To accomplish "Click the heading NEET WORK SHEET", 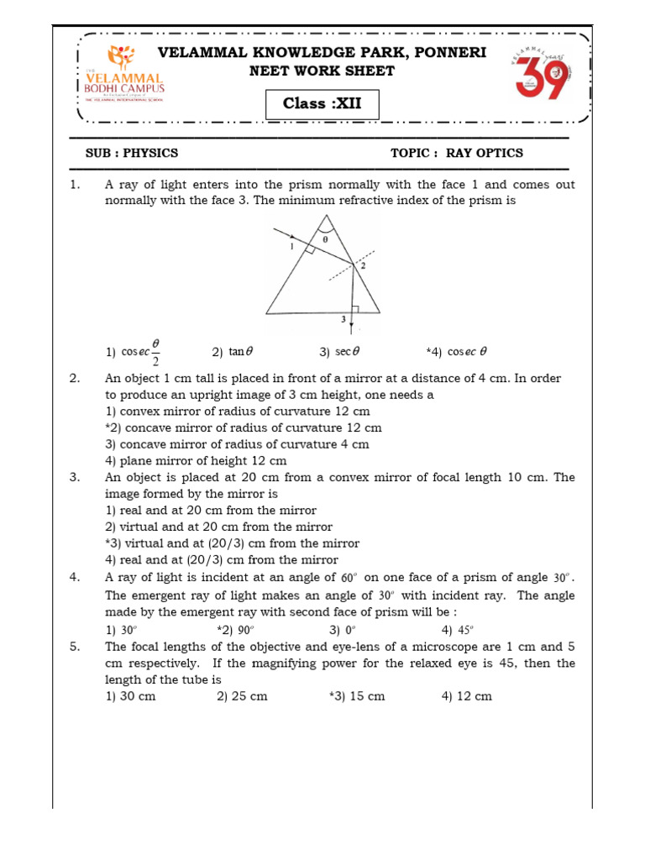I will pos(322,71).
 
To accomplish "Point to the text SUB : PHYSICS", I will pos(132,153).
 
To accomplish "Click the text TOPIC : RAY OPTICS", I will pos(456,153).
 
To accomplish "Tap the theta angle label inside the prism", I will pos(326,239).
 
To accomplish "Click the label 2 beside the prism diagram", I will pos(363,265).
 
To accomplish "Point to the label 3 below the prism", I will pos(343,320).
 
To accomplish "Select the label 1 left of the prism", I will pos(291,248).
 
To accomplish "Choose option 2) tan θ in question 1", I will pos(228,353).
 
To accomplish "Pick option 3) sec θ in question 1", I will pos(339,353).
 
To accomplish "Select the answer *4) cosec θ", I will pos(457,353).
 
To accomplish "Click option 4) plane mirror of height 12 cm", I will pos(196,461).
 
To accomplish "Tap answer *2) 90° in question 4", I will pos(236,630).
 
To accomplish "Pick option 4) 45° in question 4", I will pos(458,630).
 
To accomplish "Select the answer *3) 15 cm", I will pos(357,696).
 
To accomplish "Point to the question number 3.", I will pos(75,478).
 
